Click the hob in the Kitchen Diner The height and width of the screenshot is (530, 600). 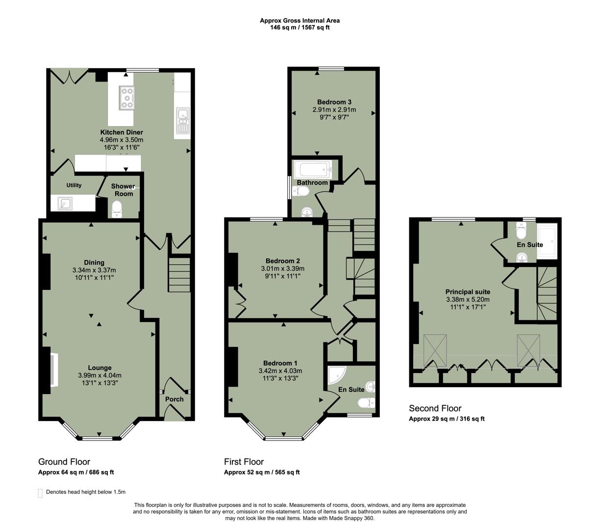127,97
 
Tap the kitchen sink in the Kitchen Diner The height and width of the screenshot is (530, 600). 183,120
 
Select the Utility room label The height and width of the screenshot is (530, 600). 74,185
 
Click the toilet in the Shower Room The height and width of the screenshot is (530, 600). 117,210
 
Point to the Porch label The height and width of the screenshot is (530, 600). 174,399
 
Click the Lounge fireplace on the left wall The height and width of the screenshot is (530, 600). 53,370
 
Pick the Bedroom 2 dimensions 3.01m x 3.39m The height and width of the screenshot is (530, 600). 282,268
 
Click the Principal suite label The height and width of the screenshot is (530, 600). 468,292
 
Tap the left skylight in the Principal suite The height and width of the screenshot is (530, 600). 435,350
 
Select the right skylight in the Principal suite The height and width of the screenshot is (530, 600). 528,350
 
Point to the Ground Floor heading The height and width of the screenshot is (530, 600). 64,462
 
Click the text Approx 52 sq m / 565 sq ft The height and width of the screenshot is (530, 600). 262,473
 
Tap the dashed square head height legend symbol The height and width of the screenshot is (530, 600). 40,493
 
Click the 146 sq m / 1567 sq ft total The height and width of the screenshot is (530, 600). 300,28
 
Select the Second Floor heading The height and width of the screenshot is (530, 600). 435,408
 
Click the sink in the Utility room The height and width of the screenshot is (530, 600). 64,203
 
